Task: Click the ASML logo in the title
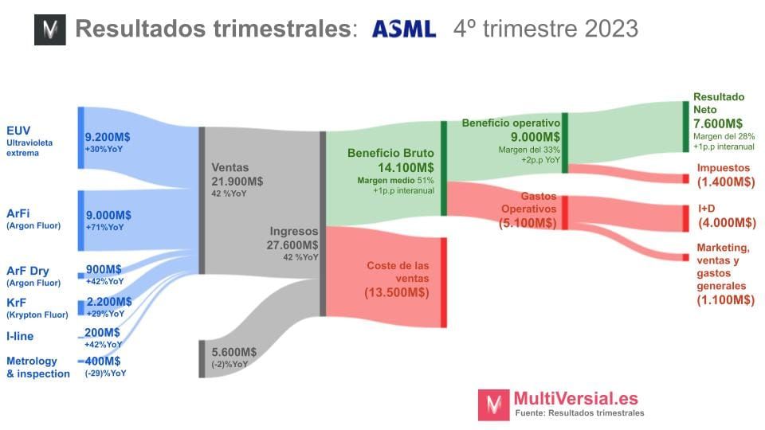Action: pos(404,29)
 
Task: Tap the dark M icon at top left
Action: pos(49,29)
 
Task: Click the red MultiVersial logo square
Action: pos(493,405)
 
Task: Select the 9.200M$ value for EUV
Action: pos(108,136)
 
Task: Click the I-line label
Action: pos(20,336)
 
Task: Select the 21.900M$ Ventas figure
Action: pos(237,182)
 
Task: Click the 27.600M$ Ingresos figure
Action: pos(292,245)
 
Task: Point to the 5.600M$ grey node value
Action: pos(234,352)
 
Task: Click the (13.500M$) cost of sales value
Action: pos(398,292)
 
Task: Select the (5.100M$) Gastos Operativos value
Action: pos(528,223)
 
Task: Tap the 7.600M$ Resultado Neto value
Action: pos(718,123)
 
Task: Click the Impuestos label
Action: pos(723,168)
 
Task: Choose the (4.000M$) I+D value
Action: pos(726,223)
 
